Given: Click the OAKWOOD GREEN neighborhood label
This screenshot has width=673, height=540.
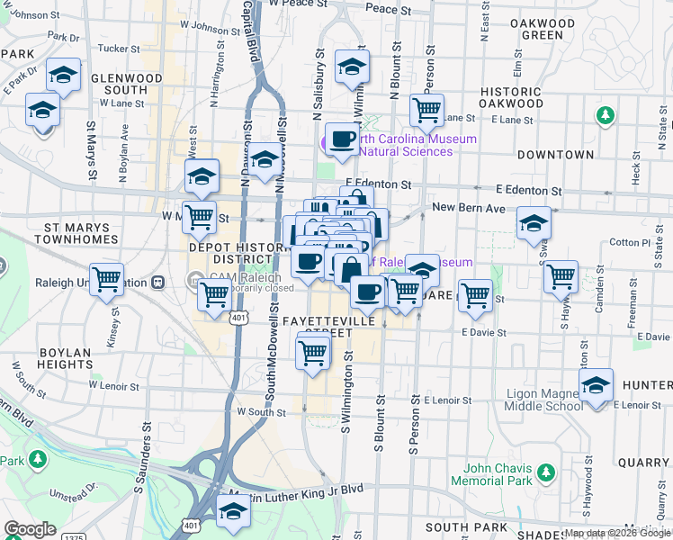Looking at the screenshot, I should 542,29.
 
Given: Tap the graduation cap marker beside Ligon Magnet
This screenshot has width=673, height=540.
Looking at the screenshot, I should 596,386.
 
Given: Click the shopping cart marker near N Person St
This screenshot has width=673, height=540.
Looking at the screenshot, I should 426,111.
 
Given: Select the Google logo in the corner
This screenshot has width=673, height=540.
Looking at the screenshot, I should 29,529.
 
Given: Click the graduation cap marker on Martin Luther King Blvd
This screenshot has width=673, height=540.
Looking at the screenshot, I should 233,511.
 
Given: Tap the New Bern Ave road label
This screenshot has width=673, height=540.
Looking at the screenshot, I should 469,208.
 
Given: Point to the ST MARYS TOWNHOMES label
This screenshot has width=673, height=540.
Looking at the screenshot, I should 76,234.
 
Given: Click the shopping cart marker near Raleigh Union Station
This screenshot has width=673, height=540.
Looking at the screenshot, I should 107,280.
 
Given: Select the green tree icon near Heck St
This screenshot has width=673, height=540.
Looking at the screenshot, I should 606,115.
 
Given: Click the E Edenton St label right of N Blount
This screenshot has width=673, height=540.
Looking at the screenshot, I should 529,192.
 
